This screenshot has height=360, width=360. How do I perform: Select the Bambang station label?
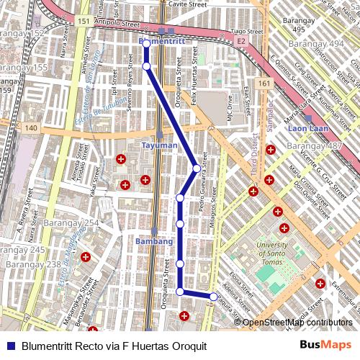(x=154, y=241)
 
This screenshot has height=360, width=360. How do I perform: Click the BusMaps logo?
(x=325, y=346)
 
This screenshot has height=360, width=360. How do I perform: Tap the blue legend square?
(x=10, y=346)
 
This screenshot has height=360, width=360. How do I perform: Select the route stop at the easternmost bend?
(x=197, y=168)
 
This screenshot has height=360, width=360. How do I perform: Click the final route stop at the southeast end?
(x=213, y=297)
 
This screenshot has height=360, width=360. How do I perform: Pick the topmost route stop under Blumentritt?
(x=146, y=44)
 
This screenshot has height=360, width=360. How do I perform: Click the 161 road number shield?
(x=265, y=84)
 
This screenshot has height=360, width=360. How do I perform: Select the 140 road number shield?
(x=30, y=127)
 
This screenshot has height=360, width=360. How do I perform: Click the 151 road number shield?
(x=84, y=22)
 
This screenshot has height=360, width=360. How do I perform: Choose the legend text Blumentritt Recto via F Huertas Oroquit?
(x=114, y=346)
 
